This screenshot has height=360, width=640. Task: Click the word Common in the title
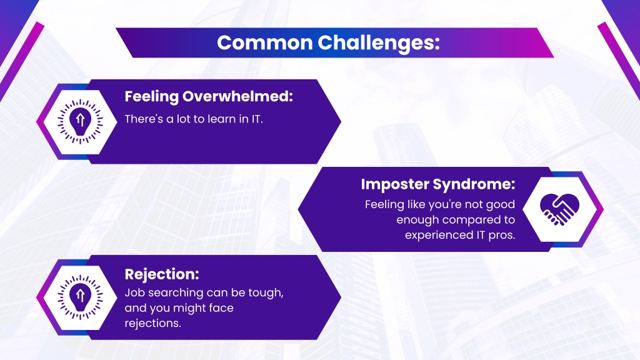pyautogui.click(x=265, y=42)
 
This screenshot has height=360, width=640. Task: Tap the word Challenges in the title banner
pyautogui.click(x=378, y=43)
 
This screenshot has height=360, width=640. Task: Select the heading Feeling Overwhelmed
pyautogui.click(x=209, y=97)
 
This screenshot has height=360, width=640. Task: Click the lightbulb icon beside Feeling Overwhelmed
pyautogui.click(x=80, y=122)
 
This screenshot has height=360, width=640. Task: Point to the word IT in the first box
pyautogui.click(x=256, y=119)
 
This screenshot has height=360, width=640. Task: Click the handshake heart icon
pyautogui.click(x=559, y=209)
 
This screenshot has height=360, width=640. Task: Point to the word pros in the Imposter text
pyautogui.click(x=502, y=236)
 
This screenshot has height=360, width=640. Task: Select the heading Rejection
pyautogui.click(x=162, y=274)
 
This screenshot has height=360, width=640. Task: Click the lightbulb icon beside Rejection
pyautogui.click(x=80, y=297)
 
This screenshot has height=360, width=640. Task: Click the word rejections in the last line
pyautogui.click(x=152, y=323)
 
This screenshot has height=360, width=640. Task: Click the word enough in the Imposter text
pyautogui.click(x=417, y=220)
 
